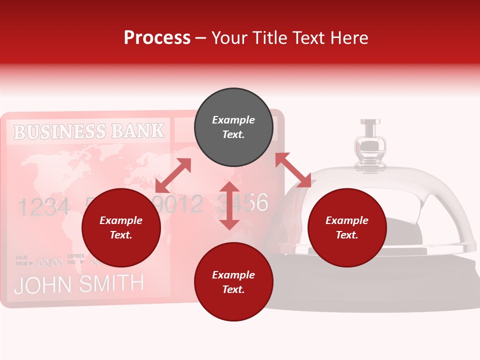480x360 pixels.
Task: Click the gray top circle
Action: [x=233, y=127]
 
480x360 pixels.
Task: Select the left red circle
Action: [x=121, y=228]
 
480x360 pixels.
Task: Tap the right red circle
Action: [x=347, y=228]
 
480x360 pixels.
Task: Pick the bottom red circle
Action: [x=233, y=282]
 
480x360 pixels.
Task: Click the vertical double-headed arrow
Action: [x=229, y=205]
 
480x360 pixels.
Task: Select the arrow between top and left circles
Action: [x=173, y=175]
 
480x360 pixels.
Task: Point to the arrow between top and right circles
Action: [x=293, y=170]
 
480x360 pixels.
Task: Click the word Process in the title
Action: [x=157, y=37]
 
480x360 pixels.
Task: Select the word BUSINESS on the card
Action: [x=59, y=131]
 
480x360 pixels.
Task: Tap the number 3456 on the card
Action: [x=243, y=203]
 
